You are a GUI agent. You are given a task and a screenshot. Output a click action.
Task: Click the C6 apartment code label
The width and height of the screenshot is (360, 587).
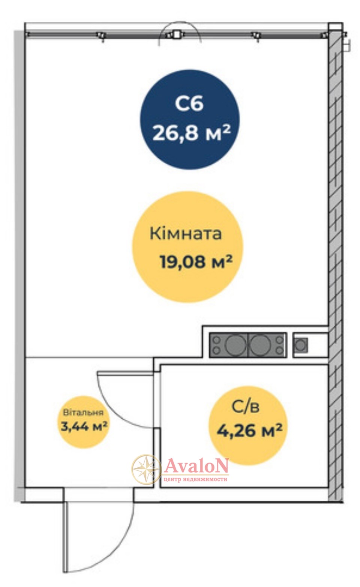pos(189,103)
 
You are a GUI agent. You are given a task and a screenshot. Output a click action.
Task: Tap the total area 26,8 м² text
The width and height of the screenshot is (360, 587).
pos(192,133)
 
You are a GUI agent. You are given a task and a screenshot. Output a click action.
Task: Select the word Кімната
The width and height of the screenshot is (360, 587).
pos(186,233)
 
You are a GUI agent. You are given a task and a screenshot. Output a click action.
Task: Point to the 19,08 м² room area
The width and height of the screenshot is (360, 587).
pos(196,261)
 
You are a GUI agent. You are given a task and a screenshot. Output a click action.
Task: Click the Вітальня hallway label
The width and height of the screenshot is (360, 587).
pos(83,413)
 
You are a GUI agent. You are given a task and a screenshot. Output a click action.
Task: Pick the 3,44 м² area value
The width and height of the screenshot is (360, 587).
pos(84,426)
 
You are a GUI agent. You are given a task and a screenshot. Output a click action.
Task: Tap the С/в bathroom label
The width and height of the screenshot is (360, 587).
pos(246,407)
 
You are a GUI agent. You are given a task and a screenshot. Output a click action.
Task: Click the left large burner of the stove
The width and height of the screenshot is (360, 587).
pos(235,345)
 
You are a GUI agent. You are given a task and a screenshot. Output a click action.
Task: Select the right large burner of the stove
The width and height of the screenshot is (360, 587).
pos(260,345)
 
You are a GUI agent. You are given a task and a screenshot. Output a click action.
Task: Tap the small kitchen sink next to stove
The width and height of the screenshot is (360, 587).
pos(301,345)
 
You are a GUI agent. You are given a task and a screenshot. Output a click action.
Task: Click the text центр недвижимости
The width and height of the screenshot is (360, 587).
pos(195,479)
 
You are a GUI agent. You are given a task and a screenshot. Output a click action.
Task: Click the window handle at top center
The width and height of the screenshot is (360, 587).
pos(177,35)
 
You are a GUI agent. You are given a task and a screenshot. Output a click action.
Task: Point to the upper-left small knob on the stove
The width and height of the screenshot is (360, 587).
pos(216,339)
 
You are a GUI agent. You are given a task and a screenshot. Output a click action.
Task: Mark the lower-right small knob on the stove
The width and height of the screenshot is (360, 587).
pos(279,350)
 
